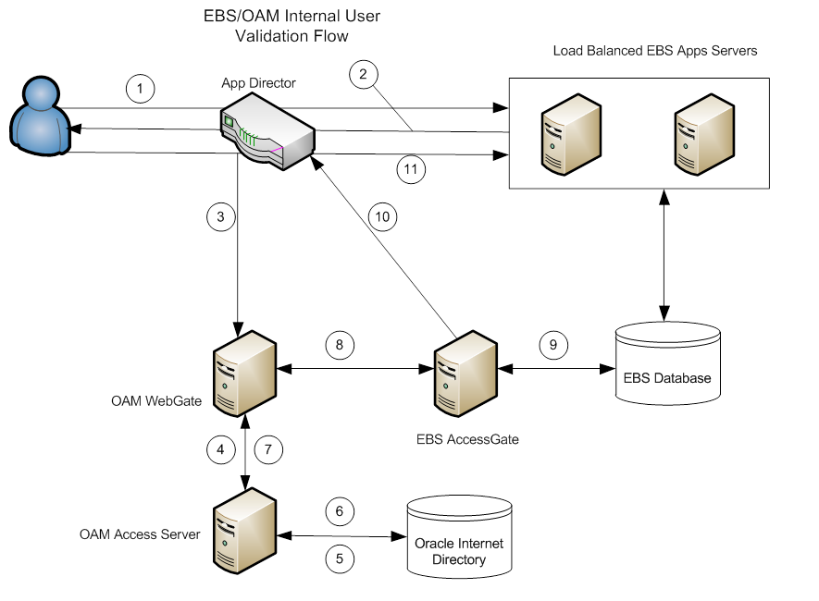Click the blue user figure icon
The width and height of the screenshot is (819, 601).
coord(39,116)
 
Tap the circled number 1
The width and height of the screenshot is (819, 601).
coord(140,89)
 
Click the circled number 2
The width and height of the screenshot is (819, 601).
coord(364,75)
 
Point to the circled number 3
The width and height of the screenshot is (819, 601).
coord(221,218)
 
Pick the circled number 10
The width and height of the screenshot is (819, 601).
coord(382,216)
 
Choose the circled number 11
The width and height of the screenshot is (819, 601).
coord(410,168)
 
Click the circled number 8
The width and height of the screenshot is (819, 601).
coord(340,344)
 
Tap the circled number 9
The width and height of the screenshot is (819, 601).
coord(553,344)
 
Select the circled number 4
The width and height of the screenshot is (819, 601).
coord(221,450)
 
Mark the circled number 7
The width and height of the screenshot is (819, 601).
coord(267,450)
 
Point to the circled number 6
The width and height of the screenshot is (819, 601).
coord(340,510)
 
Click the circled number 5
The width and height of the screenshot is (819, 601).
coord(340,558)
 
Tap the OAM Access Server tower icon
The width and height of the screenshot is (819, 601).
coord(244,530)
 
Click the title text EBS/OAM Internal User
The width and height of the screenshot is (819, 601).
coord(291,17)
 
